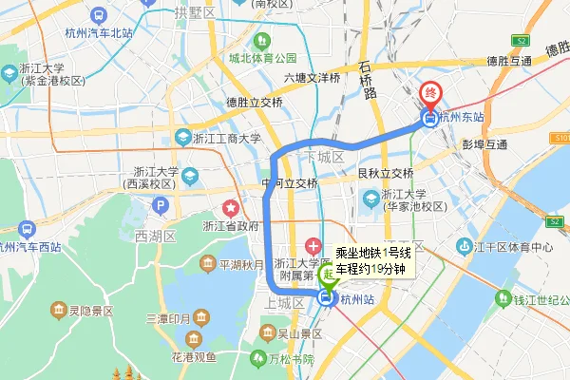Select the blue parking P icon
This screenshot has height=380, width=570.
tap(161, 205)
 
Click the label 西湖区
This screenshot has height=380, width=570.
tap(155, 235)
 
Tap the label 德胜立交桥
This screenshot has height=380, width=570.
tap(255, 103)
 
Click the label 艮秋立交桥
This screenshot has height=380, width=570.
tap(385, 174)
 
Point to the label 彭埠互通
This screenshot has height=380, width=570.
tap(484, 145)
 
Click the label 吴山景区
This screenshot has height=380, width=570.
tap(299, 334)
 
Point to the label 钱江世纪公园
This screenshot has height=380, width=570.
tap(535, 301)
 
